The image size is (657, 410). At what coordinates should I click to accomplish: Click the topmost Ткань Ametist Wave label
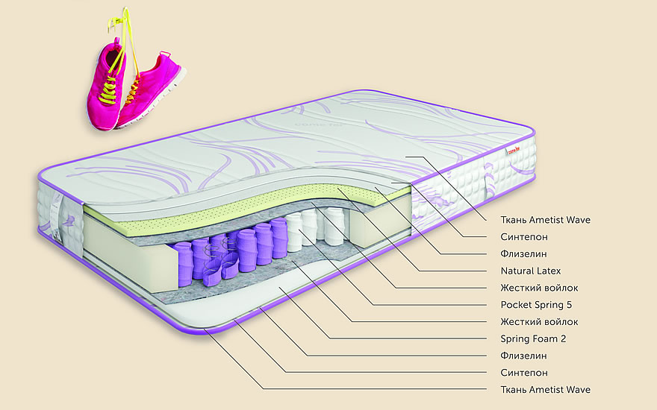[545, 220]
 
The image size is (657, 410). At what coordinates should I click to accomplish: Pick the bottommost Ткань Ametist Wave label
[545, 390]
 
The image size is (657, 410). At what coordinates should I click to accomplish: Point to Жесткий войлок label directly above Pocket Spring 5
[539, 288]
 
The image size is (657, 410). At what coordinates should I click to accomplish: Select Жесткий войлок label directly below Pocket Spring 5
[539, 322]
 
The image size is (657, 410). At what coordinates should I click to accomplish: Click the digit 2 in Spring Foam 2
[565, 338]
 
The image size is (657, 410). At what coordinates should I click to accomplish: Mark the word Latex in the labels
[547, 271]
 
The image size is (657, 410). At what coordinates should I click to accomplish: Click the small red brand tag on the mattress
[512, 151]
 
